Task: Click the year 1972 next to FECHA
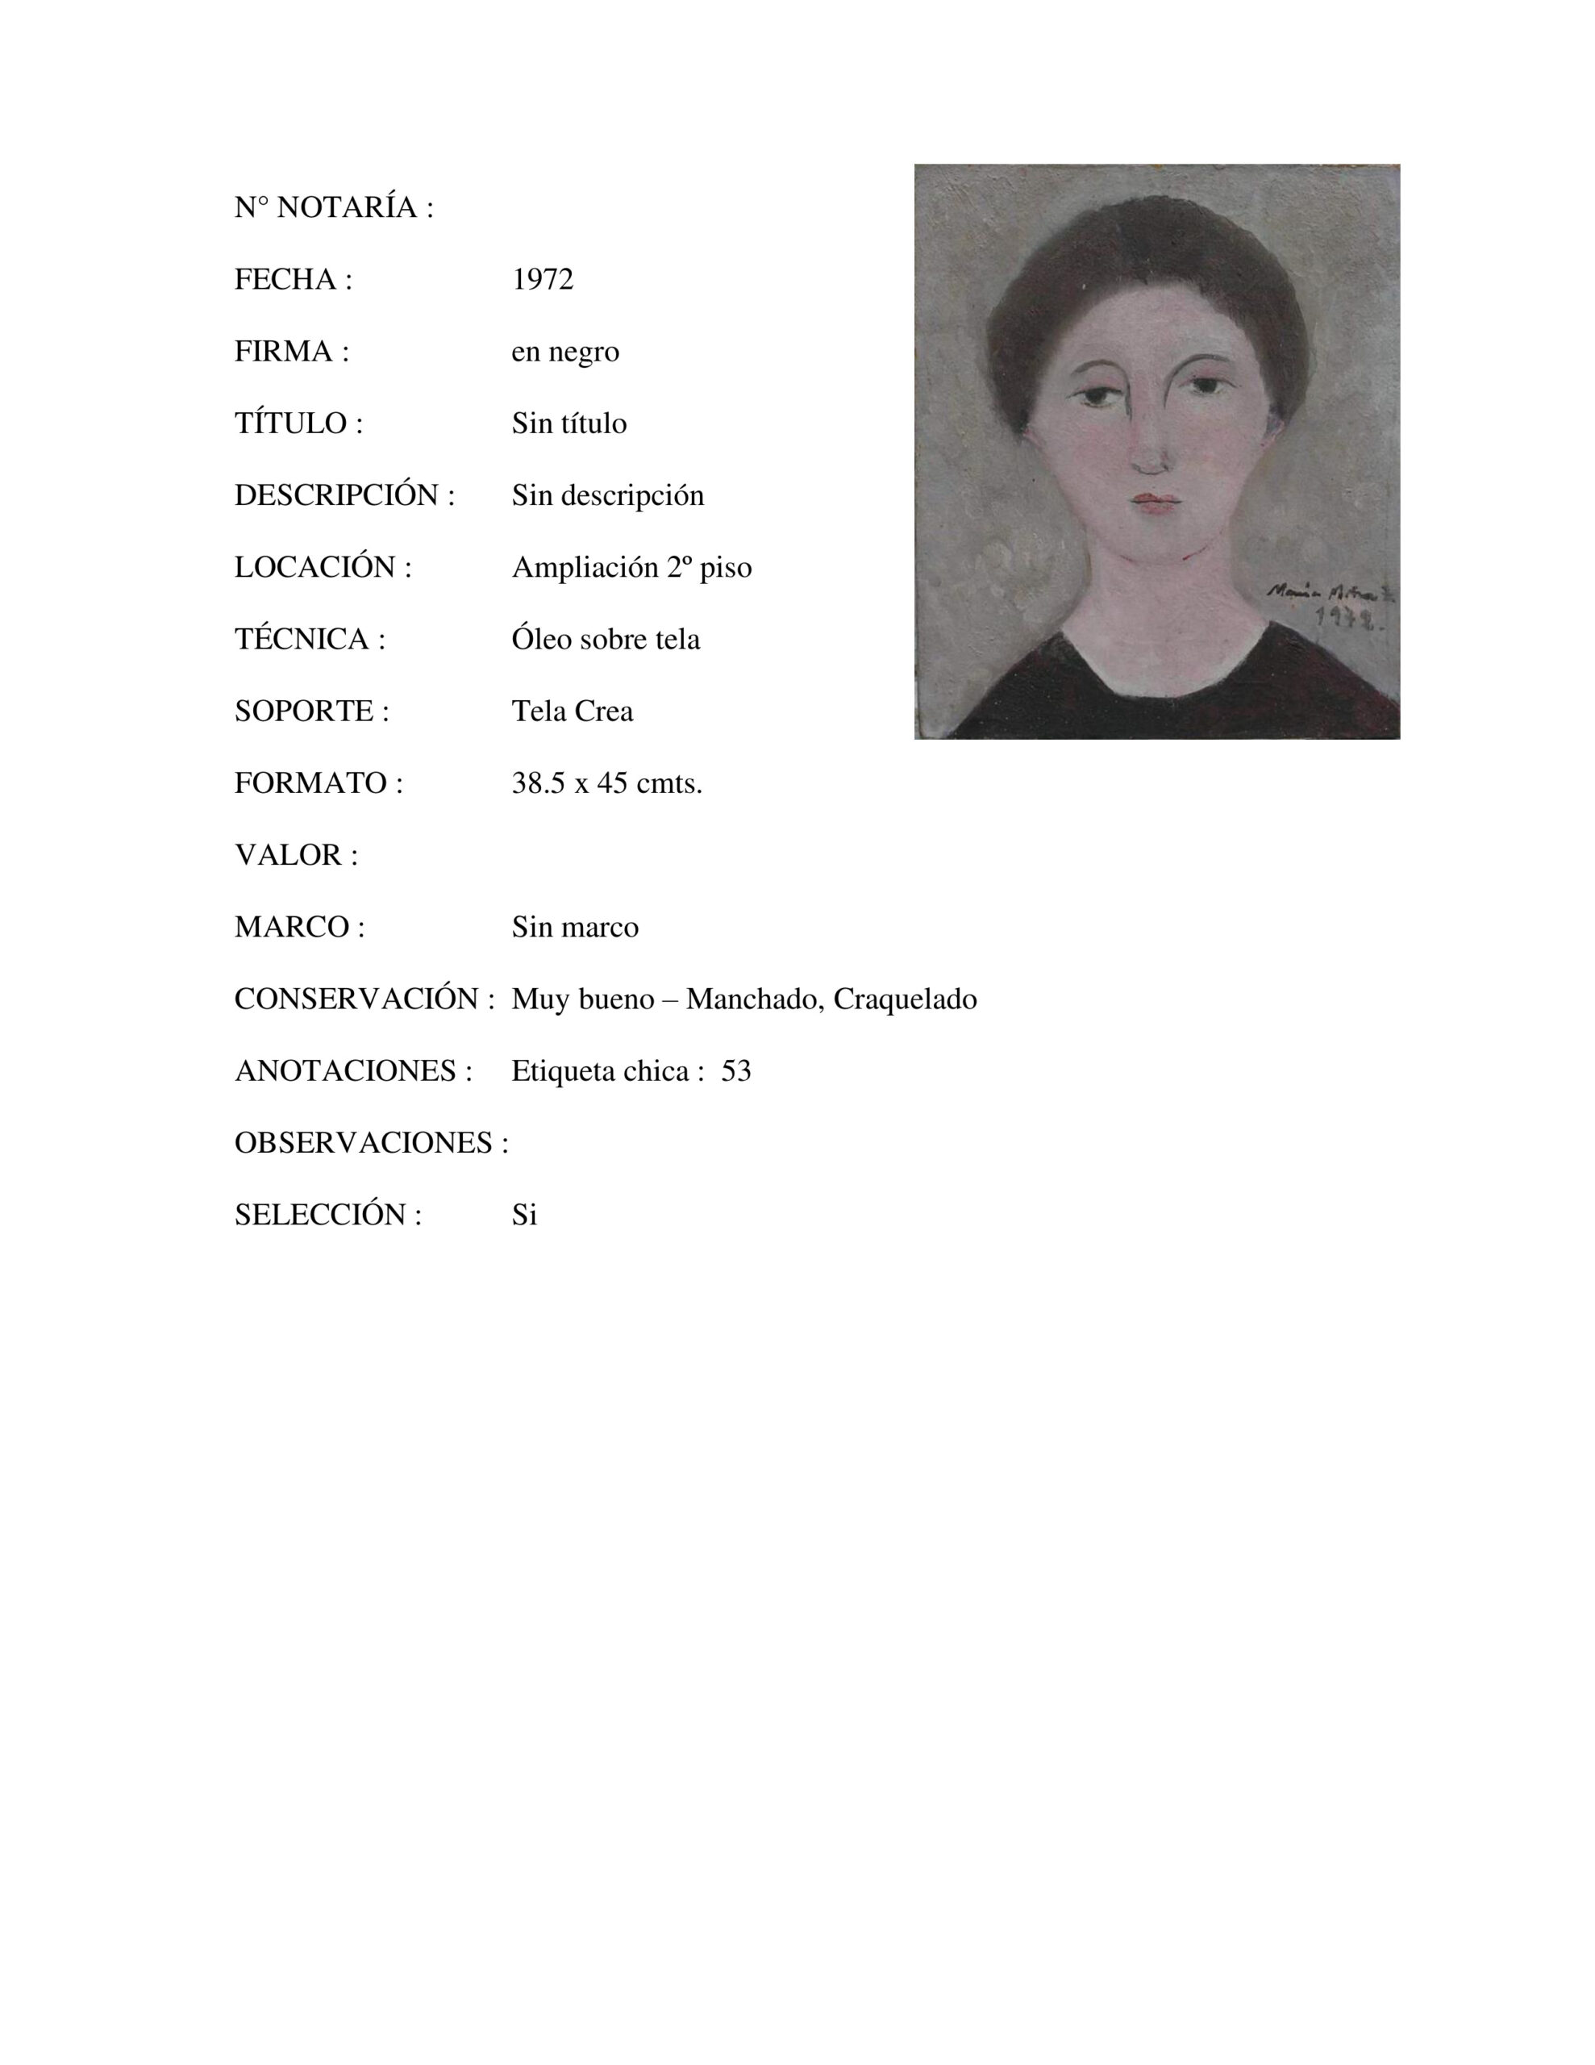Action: [543, 280]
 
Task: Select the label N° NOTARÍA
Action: [334, 208]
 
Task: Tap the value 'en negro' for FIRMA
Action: [565, 352]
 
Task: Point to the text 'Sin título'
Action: [569, 423]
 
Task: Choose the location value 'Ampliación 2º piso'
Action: [631, 567]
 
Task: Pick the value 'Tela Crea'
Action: [572, 711]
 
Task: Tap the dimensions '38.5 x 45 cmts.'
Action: [607, 784]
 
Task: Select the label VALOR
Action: [296, 856]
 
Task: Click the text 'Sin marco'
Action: [575, 928]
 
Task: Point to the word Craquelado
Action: [905, 999]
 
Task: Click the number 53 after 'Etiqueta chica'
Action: [736, 1071]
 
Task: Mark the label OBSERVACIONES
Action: [371, 1143]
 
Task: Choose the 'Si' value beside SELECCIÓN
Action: [525, 1215]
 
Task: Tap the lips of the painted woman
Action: [1156, 502]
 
